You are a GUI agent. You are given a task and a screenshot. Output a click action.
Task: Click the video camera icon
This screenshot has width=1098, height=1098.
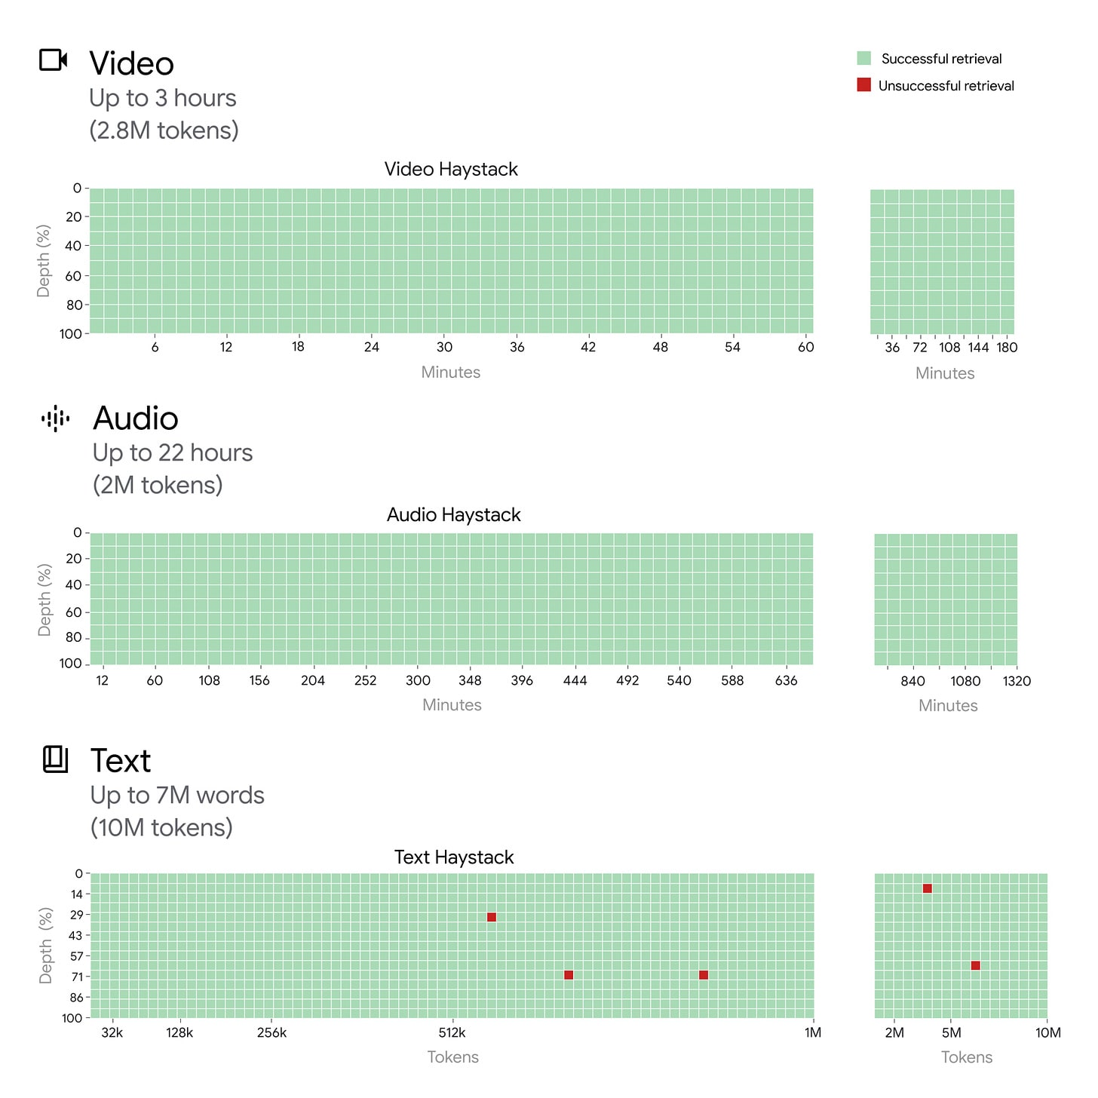[x=54, y=60]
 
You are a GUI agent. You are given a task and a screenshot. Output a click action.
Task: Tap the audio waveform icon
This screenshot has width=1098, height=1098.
[x=56, y=419]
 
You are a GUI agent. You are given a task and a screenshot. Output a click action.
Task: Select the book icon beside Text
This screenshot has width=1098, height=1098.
[x=55, y=759]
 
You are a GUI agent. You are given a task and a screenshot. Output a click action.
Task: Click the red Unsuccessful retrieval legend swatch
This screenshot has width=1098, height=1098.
[x=863, y=84]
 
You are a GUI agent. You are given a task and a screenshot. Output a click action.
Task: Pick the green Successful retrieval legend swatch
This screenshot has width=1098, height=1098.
[x=863, y=58]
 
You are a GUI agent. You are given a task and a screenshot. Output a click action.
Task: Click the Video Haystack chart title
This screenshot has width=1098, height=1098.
[x=451, y=169]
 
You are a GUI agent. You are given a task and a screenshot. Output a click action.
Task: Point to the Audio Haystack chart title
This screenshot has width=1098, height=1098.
[x=453, y=514]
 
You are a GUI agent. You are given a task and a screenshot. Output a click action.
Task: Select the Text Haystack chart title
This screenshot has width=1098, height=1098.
[x=453, y=857]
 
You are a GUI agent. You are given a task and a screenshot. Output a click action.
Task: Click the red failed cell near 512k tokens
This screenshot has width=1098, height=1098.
[x=492, y=917]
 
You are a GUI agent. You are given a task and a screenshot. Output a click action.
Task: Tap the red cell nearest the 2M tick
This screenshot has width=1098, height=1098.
[x=928, y=888]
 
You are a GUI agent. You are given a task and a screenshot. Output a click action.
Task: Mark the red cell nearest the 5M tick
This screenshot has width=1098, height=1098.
[x=975, y=965]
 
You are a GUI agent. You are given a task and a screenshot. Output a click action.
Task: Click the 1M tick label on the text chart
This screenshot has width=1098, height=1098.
[x=812, y=1032]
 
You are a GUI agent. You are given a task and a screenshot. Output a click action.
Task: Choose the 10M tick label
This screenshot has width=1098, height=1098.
[x=1047, y=1032]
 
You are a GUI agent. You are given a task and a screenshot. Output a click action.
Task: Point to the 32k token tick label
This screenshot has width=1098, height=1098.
[x=112, y=1032]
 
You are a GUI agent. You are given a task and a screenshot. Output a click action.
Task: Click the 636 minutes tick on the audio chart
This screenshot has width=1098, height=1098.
[x=786, y=680]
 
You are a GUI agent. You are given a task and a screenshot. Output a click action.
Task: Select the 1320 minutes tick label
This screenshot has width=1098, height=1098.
[x=1016, y=681]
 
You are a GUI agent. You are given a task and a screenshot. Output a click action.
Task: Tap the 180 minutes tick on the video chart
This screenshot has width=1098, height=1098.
[x=1007, y=347]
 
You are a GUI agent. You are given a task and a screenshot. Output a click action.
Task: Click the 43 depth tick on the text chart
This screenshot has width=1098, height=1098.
[x=75, y=935]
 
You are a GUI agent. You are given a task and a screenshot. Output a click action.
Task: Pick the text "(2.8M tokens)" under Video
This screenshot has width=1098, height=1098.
[x=164, y=130]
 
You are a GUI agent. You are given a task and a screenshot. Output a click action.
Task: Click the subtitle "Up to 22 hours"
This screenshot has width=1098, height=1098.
[x=172, y=452]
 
